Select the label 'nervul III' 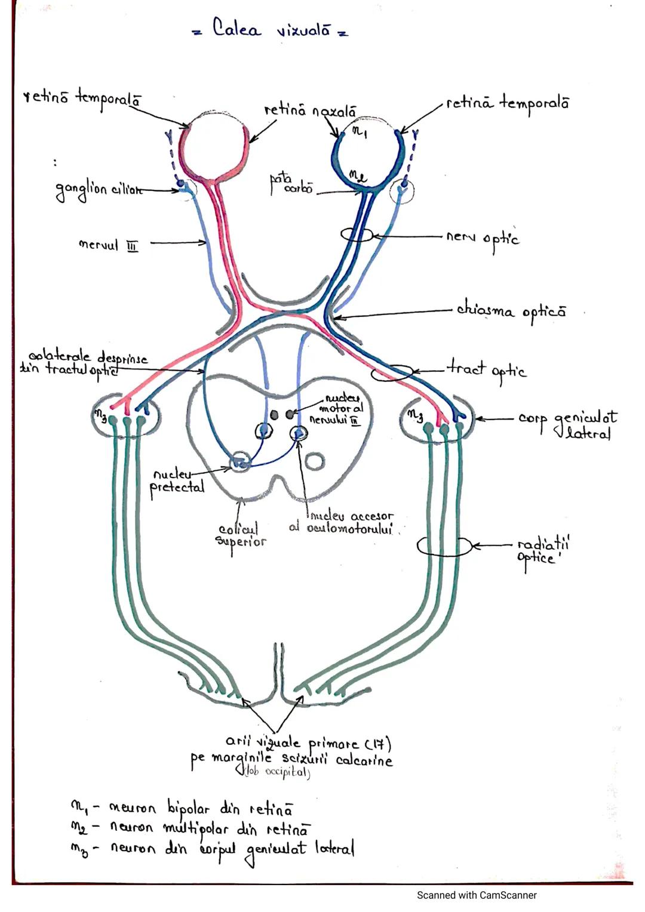click(108, 245)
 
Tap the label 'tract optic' click(487, 370)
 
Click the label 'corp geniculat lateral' click(567, 424)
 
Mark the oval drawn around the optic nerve click(358, 235)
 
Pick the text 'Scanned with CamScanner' click(477, 895)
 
